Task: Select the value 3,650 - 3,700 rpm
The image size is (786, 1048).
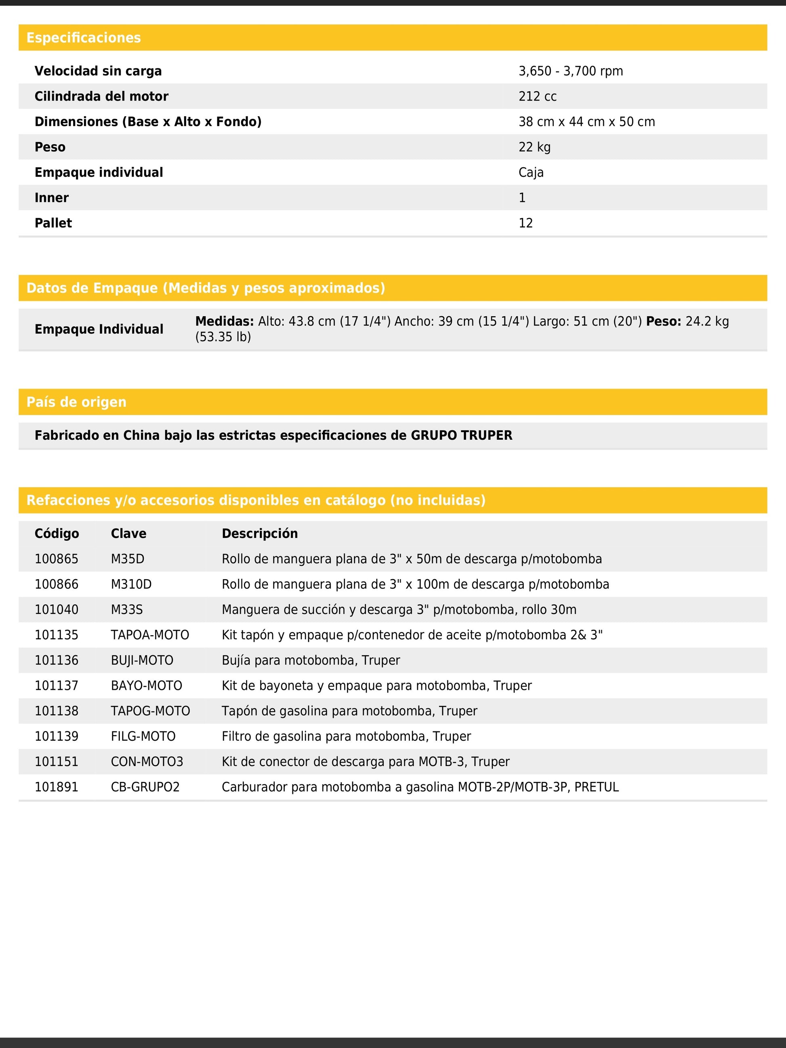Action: (x=570, y=71)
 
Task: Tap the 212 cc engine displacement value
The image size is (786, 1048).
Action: (x=537, y=97)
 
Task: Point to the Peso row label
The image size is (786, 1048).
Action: (x=50, y=147)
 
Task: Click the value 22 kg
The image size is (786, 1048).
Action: (x=534, y=147)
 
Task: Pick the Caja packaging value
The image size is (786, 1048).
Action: (x=531, y=172)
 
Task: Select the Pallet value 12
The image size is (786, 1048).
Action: (x=525, y=223)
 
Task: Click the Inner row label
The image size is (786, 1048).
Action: (x=52, y=198)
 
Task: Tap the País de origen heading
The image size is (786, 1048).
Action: (x=76, y=402)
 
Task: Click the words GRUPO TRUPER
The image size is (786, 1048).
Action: (x=461, y=435)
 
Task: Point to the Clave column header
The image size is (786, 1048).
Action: (x=128, y=533)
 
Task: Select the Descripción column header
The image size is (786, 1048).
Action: (x=260, y=533)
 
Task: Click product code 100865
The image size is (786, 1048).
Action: (x=57, y=559)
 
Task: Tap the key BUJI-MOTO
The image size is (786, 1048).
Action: (x=142, y=660)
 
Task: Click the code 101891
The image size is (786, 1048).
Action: (x=57, y=787)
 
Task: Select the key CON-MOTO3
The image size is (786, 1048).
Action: (x=147, y=762)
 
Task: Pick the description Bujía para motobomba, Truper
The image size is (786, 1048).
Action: (x=311, y=660)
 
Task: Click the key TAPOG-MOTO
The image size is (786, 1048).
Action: (x=150, y=711)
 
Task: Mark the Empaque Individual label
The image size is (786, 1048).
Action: (x=99, y=329)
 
